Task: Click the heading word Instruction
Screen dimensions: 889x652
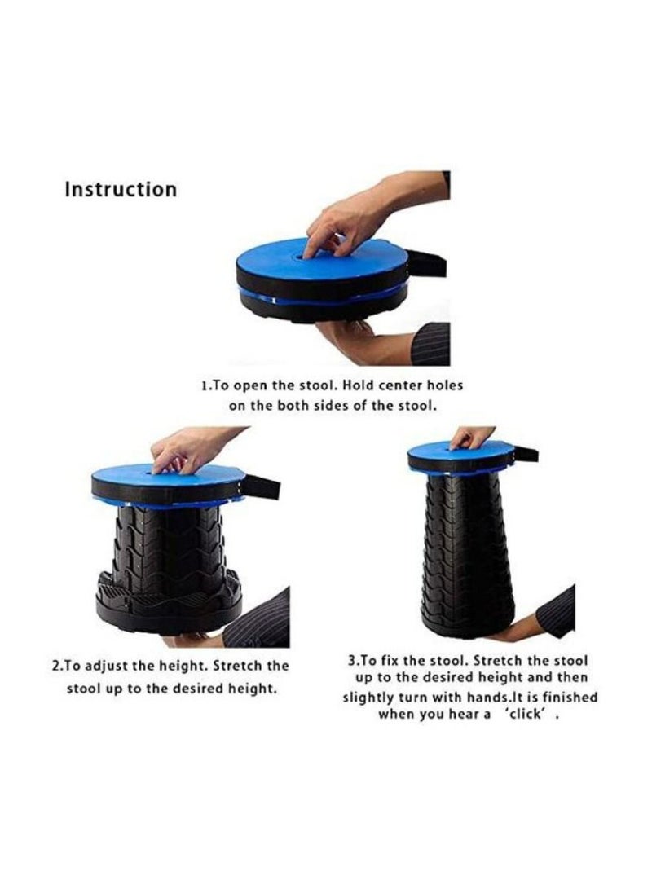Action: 120,189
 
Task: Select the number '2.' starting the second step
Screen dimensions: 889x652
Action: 56,666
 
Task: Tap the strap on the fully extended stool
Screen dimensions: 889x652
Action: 525,453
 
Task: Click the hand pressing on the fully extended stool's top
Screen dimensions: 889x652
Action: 472,436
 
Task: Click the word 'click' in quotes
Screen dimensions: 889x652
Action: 525,714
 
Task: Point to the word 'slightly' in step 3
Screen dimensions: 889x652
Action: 369,697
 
